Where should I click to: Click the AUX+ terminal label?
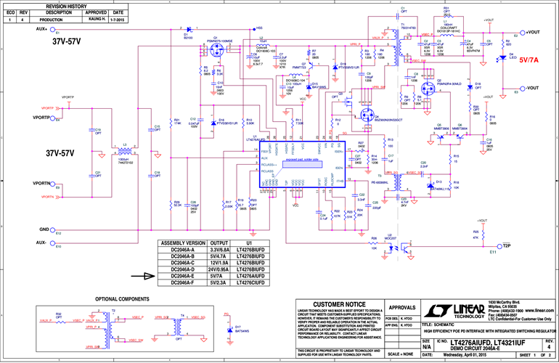point(39,29)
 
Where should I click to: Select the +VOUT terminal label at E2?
point(533,33)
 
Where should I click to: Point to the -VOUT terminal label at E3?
point(533,88)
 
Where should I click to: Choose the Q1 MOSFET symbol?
point(216,53)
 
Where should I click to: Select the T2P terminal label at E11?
point(507,245)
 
